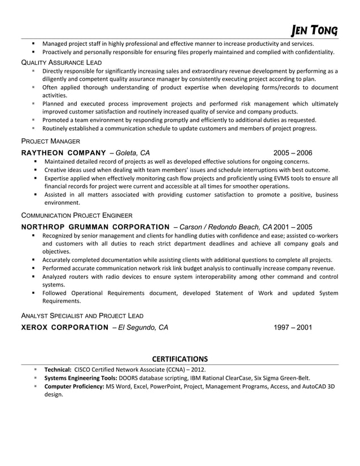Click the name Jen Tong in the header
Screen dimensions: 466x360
(314, 29)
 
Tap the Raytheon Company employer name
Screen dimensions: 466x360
(63, 153)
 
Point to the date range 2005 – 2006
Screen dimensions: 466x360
(292, 153)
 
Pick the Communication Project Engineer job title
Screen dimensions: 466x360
(77, 215)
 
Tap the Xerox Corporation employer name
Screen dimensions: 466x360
(60, 327)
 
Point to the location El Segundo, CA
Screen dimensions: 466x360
(143, 327)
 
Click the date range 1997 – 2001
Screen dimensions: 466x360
(292, 327)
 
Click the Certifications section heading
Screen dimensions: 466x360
(180, 359)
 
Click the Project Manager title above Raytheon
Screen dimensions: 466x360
(50, 141)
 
